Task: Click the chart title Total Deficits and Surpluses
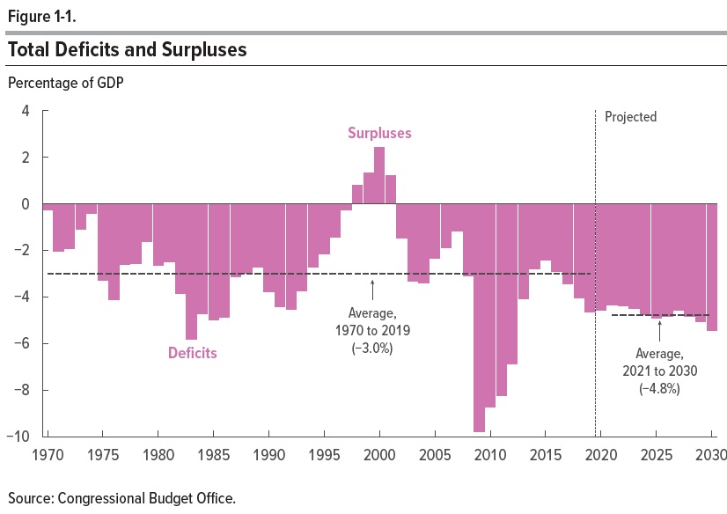[127, 50]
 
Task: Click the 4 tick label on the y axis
[26, 111]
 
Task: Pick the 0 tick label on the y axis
[26, 204]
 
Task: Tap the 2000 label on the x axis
[379, 457]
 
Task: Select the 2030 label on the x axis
[709, 457]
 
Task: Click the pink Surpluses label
[379, 134]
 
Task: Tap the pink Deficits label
[192, 354]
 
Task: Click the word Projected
[630, 117]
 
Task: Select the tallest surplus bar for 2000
[379, 175]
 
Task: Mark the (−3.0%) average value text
[372, 348]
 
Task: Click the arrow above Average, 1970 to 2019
[373, 290]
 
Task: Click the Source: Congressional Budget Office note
[121, 498]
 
